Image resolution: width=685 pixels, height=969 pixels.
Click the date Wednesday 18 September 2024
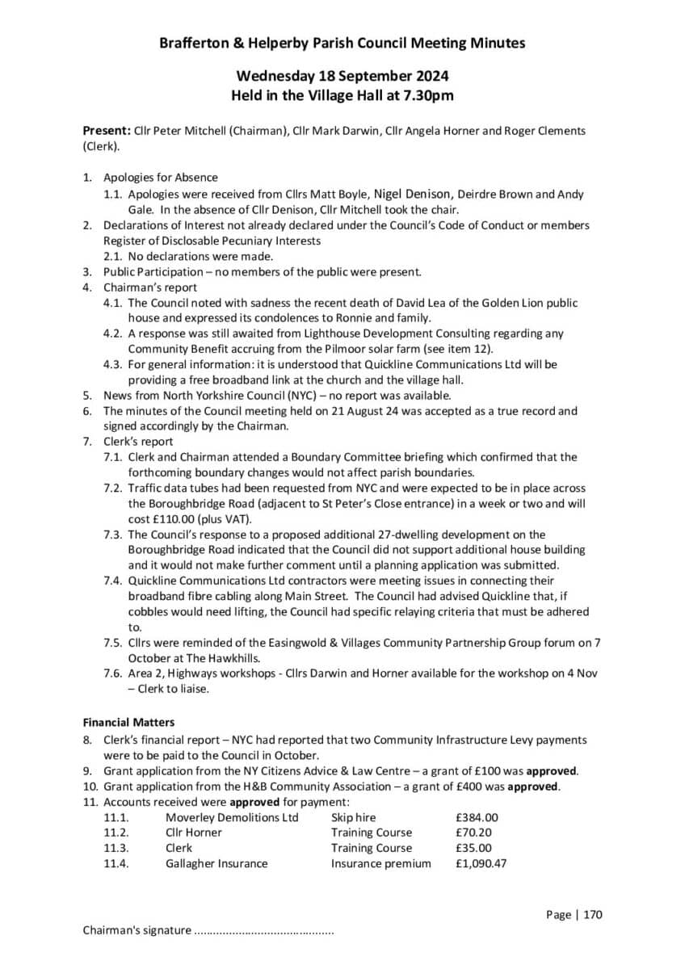(342, 76)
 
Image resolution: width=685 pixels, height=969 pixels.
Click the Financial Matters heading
(128, 723)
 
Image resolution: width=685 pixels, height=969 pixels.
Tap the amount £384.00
(477, 817)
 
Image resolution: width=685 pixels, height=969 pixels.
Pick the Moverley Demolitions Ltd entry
(232, 817)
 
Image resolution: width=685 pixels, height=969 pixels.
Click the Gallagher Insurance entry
(216, 863)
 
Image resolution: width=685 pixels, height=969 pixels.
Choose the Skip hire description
(353, 817)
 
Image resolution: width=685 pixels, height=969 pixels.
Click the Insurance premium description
(380, 863)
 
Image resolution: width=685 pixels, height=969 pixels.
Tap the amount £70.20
(473, 833)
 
